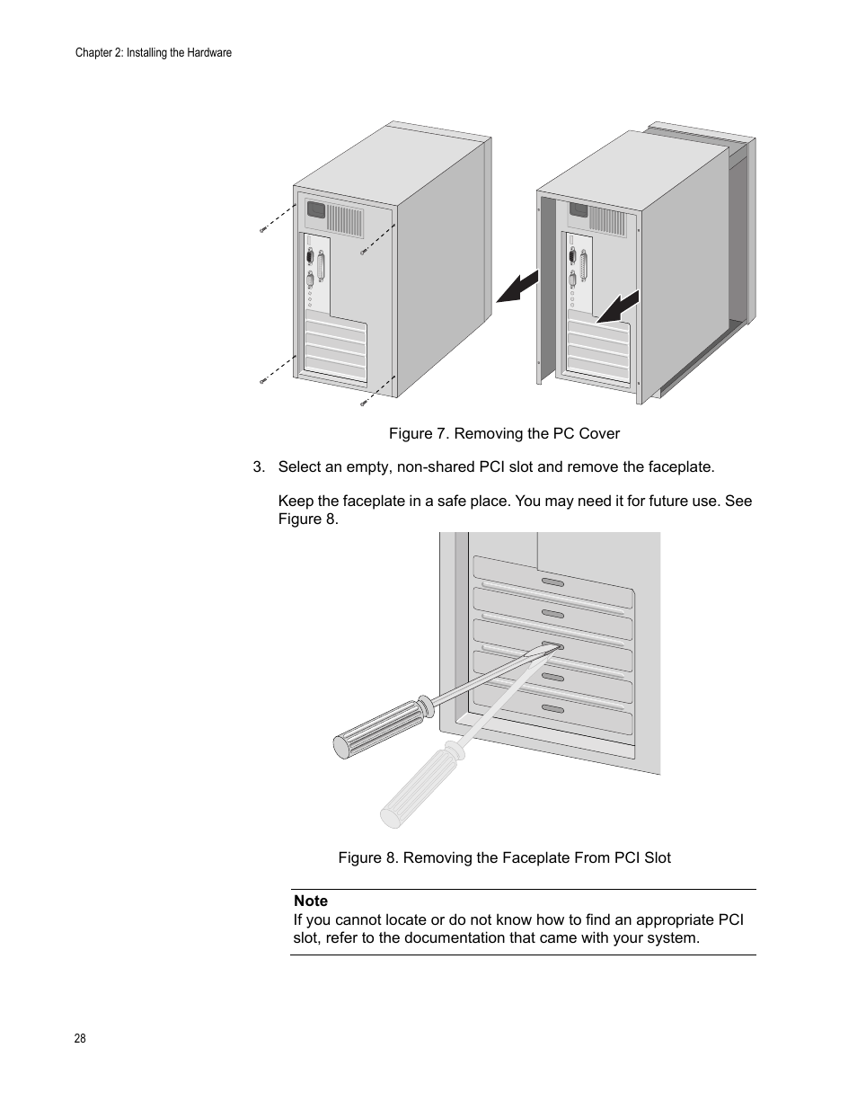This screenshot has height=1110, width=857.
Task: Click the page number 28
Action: point(80,1038)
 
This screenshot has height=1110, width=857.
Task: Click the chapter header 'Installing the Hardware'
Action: point(179,53)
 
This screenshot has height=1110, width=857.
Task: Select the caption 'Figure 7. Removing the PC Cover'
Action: point(504,433)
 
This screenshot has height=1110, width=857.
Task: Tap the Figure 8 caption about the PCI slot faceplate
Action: point(504,857)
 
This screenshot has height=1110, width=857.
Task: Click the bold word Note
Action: point(311,901)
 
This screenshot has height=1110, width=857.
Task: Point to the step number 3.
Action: point(259,466)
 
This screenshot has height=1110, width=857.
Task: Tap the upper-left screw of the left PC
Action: point(263,230)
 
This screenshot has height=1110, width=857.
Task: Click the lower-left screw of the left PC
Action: point(263,381)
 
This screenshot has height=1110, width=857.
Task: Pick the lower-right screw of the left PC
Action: point(364,403)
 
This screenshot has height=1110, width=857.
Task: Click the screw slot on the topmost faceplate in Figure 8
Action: point(553,582)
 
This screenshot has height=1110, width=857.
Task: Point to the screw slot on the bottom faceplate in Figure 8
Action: point(553,709)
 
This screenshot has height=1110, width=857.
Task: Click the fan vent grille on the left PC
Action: point(344,218)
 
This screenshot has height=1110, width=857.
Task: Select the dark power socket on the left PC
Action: point(315,210)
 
